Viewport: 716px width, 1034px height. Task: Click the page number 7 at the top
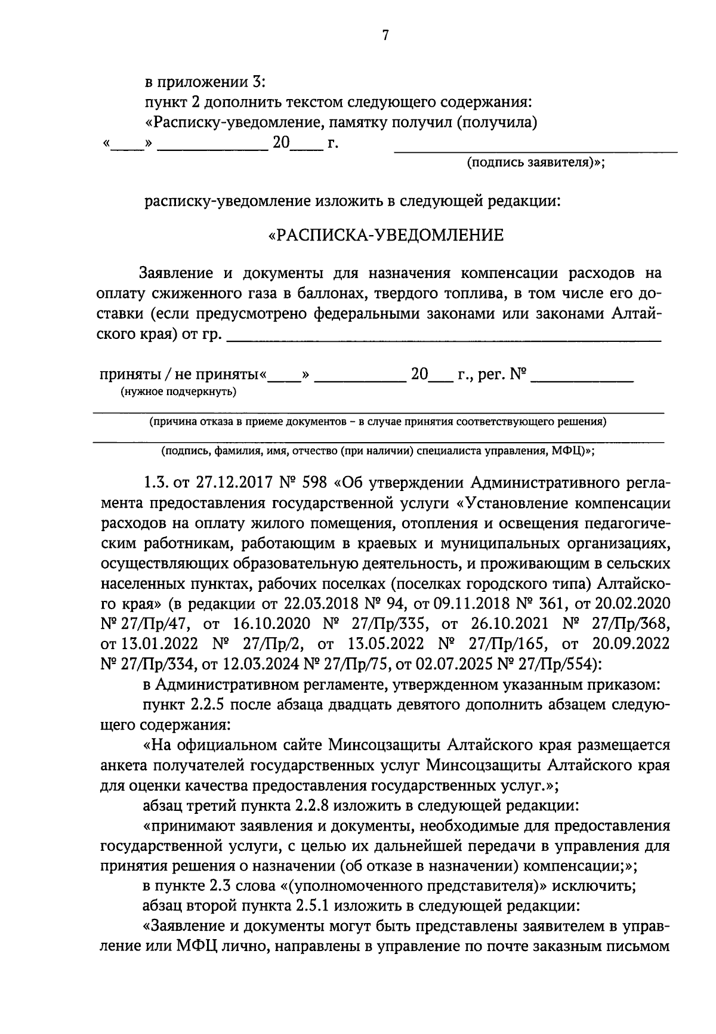pyautogui.click(x=385, y=36)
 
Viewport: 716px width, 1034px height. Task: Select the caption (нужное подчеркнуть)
pyautogui.click(x=178, y=392)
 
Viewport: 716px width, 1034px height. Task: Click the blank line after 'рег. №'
pyautogui.click(x=582, y=380)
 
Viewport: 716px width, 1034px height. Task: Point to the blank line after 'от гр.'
pyautogui.click(x=445, y=340)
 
